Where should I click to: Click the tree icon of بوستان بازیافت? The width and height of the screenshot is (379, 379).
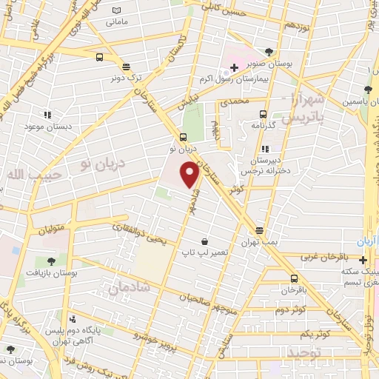[50, 261]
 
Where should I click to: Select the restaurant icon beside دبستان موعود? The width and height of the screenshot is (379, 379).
[47, 115]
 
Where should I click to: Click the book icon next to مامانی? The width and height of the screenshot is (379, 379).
[115, 10]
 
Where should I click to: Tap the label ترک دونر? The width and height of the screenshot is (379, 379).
[126, 77]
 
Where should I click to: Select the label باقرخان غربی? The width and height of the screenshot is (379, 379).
[324, 257]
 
